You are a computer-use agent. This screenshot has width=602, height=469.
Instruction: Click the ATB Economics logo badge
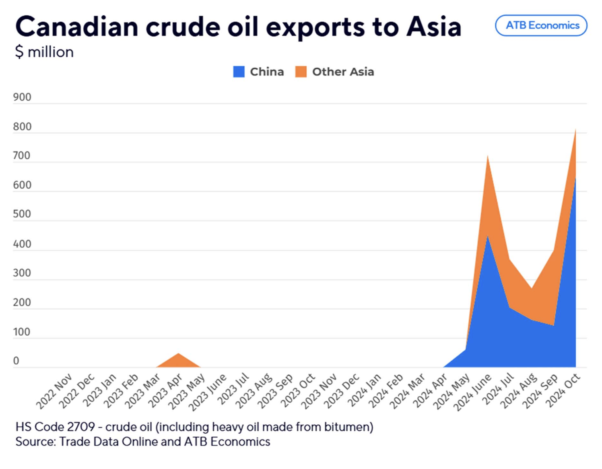(541, 25)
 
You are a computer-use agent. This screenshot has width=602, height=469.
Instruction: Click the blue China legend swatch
(239, 72)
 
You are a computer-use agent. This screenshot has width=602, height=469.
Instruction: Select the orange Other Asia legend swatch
(301, 72)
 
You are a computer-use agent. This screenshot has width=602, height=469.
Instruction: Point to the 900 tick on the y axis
(22, 97)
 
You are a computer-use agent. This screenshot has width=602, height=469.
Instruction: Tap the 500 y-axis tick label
(22, 214)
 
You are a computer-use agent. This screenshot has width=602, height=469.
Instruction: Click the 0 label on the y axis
(16, 361)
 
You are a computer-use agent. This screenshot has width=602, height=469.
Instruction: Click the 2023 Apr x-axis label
(165, 391)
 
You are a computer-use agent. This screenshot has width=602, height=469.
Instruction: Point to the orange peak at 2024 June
(488, 156)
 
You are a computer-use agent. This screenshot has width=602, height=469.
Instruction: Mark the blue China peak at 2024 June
(488, 237)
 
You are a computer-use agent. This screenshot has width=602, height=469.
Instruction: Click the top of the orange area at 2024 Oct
(575, 131)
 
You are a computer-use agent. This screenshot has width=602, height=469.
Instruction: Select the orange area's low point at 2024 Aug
(532, 288)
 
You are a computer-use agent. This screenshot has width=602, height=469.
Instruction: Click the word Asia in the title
(434, 27)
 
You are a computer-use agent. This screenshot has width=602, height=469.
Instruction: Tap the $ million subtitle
(44, 52)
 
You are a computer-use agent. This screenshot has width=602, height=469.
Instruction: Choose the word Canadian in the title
(76, 27)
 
